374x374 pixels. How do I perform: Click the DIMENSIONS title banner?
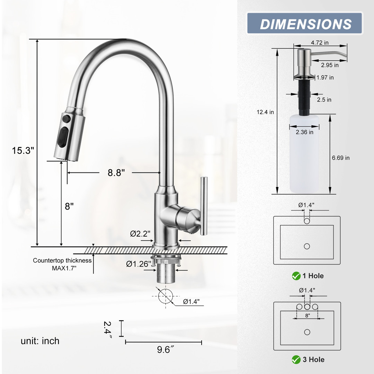[305, 23]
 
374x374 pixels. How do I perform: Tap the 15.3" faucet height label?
[23, 151]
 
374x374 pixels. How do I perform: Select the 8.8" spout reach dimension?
[116, 172]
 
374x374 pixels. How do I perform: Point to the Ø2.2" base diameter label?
[140, 233]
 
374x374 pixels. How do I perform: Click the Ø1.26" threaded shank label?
[139, 264]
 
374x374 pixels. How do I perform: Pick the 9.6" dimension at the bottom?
[165, 349]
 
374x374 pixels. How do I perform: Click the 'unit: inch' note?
[40, 341]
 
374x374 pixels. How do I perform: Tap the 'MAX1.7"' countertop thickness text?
[64, 268]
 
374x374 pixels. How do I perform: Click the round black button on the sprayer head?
[66, 118]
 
